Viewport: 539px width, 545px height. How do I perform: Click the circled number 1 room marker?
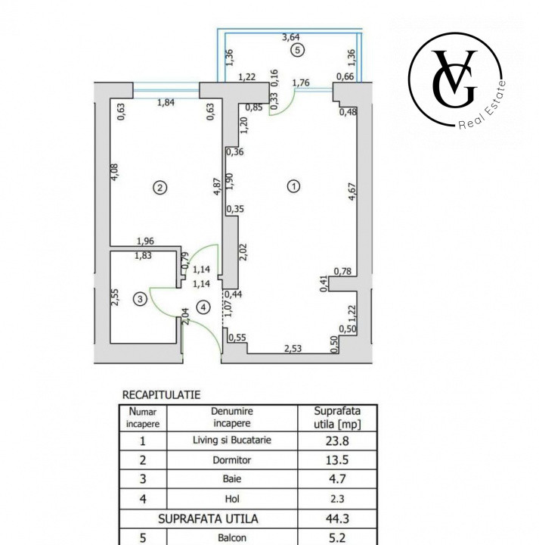coord(295,185)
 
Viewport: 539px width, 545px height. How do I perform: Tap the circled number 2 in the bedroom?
coord(160,187)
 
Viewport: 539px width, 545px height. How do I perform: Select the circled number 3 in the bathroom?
coord(139,300)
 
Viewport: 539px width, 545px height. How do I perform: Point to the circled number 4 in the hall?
coord(202,307)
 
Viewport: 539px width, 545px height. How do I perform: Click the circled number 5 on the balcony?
coord(298,50)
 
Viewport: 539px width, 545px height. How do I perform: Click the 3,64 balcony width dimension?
coord(291,36)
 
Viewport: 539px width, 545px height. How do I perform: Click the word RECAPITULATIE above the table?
coord(161,394)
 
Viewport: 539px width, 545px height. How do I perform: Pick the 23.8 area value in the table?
coord(336,439)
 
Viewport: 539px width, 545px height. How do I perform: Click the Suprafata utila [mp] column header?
coord(337,418)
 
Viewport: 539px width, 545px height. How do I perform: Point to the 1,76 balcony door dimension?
coord(302,83)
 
